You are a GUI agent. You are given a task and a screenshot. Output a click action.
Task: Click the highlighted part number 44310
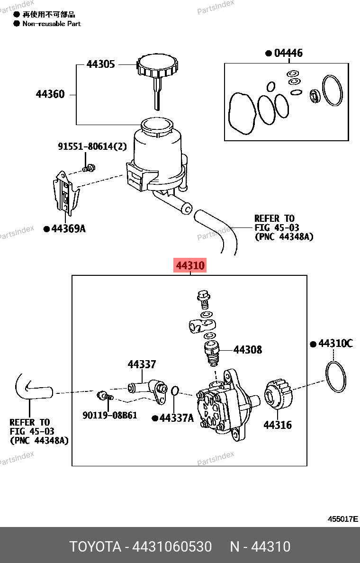pyautogui.click(x=190, y=266)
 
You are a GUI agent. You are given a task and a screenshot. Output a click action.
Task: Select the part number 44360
pyautogui.click(x=50, y=94)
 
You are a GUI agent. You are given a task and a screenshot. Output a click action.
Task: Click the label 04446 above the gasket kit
pyautogui.click(x=288, y=53)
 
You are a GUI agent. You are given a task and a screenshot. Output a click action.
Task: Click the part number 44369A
pyautogui.click(x=68, y=229)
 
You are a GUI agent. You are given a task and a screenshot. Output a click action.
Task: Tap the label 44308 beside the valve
pyautogui.click(x=248, y=350)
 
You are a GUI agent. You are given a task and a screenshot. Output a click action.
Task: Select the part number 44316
pyautogui.click(x=278, y=425)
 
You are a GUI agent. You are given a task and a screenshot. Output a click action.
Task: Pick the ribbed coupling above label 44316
pyautogui.click(x=278, y=394)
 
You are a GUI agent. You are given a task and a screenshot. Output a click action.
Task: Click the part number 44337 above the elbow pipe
pyautogui.click(x=141, y=364)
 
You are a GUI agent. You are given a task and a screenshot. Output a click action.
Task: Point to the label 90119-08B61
pyautogui.click(x=109, y=415)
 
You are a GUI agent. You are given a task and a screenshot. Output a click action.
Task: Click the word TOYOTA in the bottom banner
pyautogui.click(x=95, y=547)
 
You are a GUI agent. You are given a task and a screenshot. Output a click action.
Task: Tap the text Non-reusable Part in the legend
pyautogui.click(x=52, y=23)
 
